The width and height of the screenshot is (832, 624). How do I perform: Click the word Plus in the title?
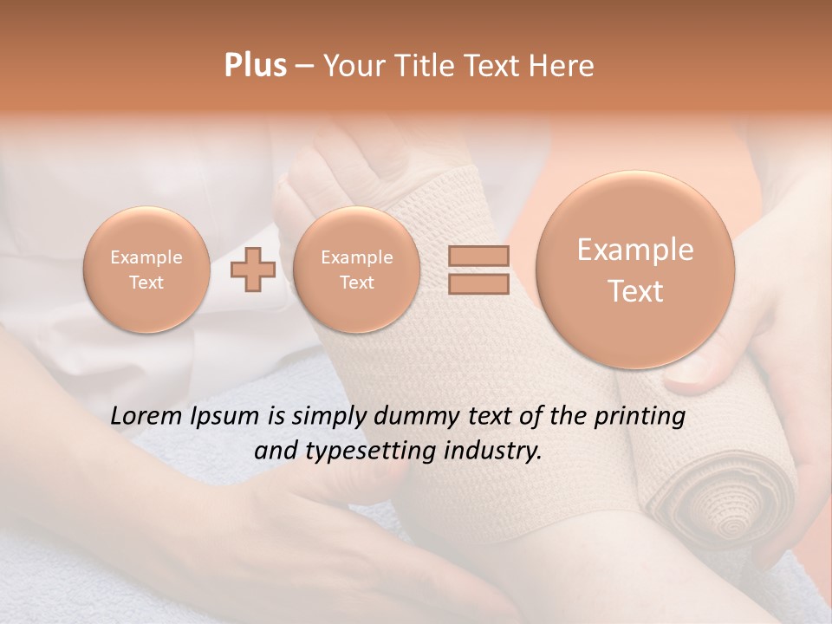click(x=255, y=66)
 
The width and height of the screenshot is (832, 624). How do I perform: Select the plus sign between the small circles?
click(x=253, y=270)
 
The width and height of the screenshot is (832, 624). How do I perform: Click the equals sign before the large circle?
click(x=478, y=270)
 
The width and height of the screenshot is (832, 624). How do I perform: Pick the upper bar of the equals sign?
click(x=478, y=257)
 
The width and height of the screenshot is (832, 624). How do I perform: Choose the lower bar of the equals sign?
click(x=478, y=283)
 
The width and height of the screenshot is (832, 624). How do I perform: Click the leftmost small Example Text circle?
click(x=146, y=270)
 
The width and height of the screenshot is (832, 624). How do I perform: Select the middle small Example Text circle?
click(x=356, y=270)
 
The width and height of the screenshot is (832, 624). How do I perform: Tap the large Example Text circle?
click(x=635, y=270)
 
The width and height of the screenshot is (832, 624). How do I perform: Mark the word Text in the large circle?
click(x=635, y=291)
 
